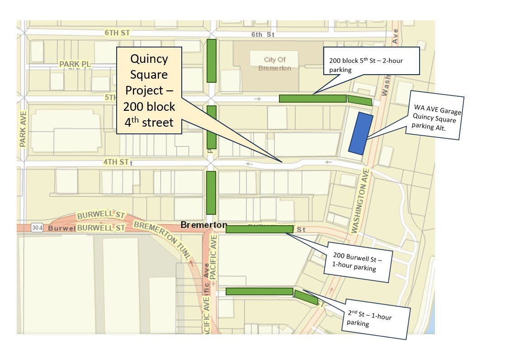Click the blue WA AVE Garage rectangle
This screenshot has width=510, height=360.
tap(361, 133)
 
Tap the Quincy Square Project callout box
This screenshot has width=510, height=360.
tap(149, 90)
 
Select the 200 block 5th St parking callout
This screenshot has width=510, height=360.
tap(372, 61)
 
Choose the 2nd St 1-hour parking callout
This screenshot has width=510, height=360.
tap(375, 319)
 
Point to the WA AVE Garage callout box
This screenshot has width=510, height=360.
tap(435, 116)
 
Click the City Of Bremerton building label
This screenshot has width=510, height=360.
tap(275, 64)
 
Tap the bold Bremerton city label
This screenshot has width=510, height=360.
tap(203, 225)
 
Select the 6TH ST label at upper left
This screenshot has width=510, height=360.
tap(117, 33)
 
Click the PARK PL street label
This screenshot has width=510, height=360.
tap(75, 65)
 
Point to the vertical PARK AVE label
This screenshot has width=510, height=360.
tap(23, 129)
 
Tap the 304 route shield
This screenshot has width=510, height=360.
tap(38, 228)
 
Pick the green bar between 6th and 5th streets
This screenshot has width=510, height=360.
tap(211, 61)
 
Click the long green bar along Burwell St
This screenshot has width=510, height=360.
tap(259, 229)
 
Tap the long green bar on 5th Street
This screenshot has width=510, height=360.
tap(312, 99)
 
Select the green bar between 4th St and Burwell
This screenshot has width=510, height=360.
tap(211, 193)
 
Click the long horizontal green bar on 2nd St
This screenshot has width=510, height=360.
tap(259, 292)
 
